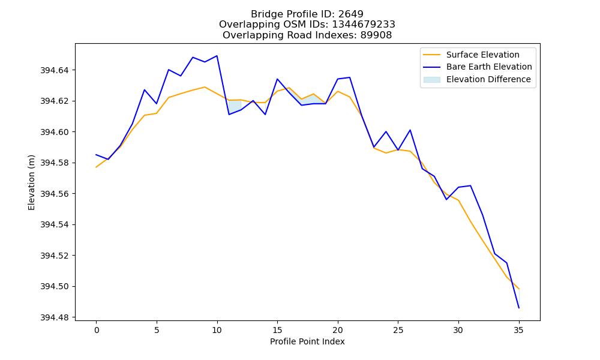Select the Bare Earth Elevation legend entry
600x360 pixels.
pos(478,67)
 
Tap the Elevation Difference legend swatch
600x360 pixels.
pos(431,80)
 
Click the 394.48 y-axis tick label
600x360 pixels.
pos(55,317)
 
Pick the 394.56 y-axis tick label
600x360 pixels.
pos(55,194)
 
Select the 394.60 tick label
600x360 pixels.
pos(55,132)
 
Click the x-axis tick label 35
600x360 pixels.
pos(518,330)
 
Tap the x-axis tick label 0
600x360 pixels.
pos(96,330)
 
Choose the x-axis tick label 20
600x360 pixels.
pos(337,330)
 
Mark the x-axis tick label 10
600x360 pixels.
pos(217,330)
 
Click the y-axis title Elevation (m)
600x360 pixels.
pos(31,182)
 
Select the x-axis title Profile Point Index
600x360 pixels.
pos(307,341)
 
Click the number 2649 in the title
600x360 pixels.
pos(351,14)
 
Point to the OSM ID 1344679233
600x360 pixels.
pos(364,25)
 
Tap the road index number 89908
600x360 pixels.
pos(376,35)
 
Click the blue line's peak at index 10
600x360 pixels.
pos(217,56)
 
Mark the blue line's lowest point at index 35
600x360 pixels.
pos(519,308)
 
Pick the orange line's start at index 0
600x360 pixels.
pos(96,167)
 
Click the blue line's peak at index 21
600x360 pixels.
pos(350,77)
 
